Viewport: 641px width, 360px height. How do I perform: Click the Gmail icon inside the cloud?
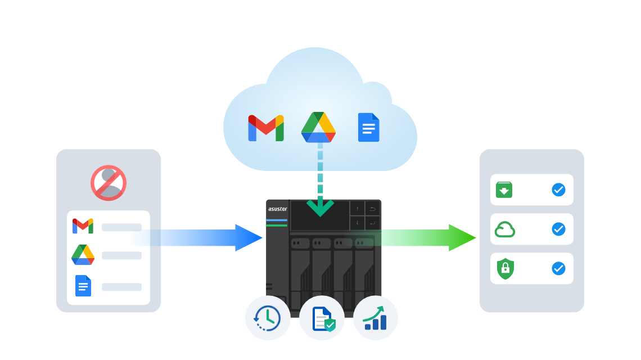266,128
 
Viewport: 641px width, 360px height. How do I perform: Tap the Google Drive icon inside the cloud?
318,127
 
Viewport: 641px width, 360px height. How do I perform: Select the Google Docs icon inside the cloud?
368,127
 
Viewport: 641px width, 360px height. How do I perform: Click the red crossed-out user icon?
109,183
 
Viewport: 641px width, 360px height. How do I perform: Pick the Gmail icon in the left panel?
83,226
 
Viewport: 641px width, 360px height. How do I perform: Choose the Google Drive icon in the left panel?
83,254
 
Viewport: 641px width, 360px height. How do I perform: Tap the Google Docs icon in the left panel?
83,286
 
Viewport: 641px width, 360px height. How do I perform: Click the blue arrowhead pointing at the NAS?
249,237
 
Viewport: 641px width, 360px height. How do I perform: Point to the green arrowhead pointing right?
462,237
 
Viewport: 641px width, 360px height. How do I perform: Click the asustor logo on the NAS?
278,209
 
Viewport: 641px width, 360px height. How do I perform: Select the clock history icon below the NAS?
267,318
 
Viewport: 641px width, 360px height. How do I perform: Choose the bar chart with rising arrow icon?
375,318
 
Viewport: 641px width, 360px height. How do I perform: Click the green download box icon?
504,190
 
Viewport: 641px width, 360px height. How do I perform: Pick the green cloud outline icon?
505,229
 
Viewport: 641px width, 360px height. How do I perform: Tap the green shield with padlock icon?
505,269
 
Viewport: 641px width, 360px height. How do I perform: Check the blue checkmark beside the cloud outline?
558,229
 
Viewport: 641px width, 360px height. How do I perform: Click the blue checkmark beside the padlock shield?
558,268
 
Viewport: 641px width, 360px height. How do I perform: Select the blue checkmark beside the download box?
558,190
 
